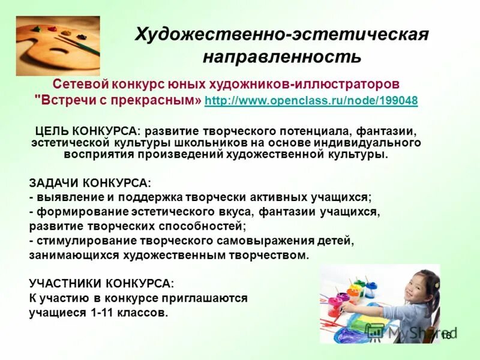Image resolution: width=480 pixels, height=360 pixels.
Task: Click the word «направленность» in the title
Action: point(281,57)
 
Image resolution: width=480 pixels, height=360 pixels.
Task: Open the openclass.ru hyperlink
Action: point(311,100)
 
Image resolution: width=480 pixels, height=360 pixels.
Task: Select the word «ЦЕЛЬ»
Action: point(50,131)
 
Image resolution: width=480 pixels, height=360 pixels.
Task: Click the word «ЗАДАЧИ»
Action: point(54,182)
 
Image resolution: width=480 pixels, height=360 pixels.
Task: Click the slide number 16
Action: point(445,335)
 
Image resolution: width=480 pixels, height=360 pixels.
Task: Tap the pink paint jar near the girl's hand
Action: point(343,299)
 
